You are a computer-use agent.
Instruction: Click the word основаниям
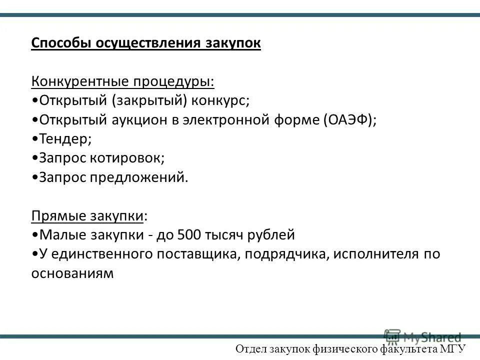tap(73, 273)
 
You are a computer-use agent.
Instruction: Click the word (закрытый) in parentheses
tap(149, 100)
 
